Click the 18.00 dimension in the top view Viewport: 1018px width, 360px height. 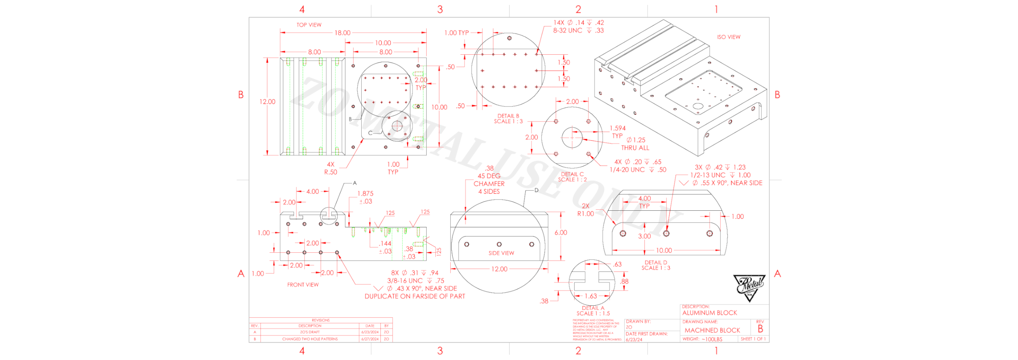[x=342, y=33]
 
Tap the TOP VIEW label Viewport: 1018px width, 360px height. [x=309, y=25]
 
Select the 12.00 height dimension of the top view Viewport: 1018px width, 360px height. [x=267, y=101]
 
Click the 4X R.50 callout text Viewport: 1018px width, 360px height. [x=331, y=168]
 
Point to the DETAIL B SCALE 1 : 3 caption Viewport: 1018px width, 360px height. [x=508, y=118]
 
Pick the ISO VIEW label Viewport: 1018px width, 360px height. [x=728, y=37]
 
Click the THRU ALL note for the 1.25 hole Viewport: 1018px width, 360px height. [x=635, y=148]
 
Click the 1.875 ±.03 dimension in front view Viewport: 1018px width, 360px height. [x=365, y=197]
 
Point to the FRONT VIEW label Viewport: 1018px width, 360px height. [x=303, y=285]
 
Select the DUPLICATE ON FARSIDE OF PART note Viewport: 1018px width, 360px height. [x=415, y=296]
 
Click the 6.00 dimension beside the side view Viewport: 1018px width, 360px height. [x=560, y=232]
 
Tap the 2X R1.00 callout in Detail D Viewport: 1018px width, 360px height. [x=586, y=210]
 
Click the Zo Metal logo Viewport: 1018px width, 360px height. [x=749, y=287]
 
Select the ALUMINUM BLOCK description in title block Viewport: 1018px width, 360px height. [x=709, y=313]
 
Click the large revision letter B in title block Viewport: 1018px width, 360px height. [x=760, y=329]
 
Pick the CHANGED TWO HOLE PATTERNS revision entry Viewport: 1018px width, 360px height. [x=310, y=339]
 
